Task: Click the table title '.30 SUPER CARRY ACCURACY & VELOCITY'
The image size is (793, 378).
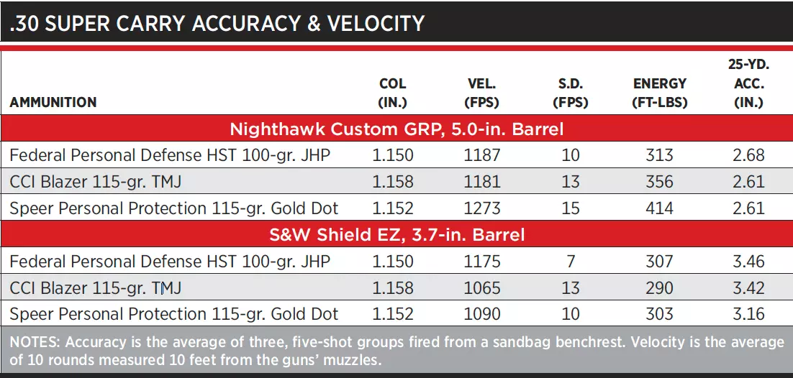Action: (217, 23)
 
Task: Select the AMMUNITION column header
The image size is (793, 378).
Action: (53, 103)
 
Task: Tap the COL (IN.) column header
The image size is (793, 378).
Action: (392, 93)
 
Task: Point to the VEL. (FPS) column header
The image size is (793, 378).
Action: (481, 93)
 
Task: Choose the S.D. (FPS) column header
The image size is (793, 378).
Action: (571, 93)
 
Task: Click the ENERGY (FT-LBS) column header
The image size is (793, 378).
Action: (659, 93)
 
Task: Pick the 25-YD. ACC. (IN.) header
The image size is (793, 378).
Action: (748, 83)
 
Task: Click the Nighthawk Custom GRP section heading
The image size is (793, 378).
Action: (396, 129)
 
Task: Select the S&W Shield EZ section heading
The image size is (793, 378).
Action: (396, 234)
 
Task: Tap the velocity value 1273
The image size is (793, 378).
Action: (482, 208)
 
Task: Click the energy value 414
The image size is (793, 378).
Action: (659, 208)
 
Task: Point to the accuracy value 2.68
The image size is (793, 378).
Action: (748, 155)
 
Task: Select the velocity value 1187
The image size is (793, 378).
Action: (482, 155)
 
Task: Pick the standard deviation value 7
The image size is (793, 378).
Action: (571, 262)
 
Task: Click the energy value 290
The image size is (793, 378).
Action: (659, 287)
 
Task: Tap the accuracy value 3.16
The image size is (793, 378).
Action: (748, 314)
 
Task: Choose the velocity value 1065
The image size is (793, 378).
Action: (482, 287)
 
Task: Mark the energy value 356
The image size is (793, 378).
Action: (659, 181)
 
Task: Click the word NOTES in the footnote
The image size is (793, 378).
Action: (35, 343)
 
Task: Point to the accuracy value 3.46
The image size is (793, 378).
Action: (748, 262)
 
